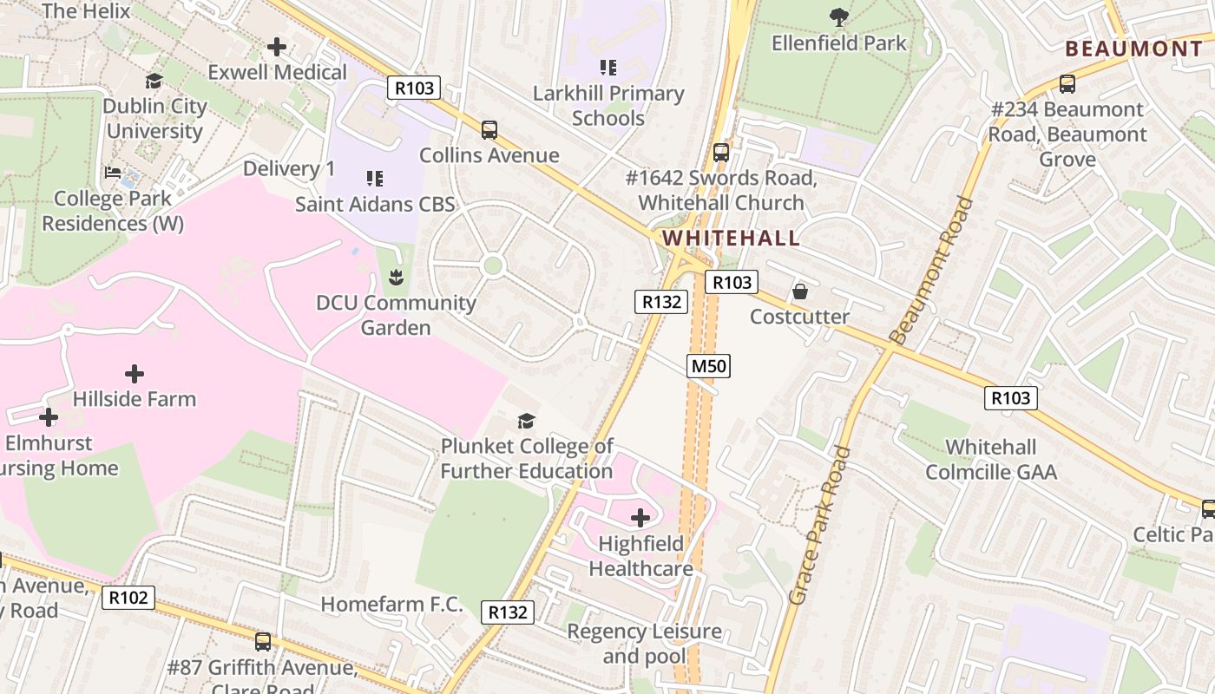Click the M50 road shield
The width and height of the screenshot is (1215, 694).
(x=708, y=366)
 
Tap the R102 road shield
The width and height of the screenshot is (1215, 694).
(x=128, y=597)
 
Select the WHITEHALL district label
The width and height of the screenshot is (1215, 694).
(x=731, y=239)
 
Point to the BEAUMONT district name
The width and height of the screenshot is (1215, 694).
(x=1133, y=49)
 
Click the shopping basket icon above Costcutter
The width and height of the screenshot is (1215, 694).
(x=799, y=291)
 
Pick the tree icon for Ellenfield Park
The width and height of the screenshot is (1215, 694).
(x=838, y=16)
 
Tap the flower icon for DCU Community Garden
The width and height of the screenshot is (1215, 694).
(x=397, y=278)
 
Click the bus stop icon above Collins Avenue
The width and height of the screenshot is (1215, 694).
(x=489, y=130)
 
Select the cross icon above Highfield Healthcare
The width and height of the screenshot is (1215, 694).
(x=640, y=518)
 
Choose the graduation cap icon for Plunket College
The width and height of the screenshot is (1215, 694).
(x=526, y=421)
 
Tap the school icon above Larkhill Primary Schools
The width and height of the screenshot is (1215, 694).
(x=608, y=67)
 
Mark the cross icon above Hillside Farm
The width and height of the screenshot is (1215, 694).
(x=135, y=374)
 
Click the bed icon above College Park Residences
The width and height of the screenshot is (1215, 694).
(x=113, y=173)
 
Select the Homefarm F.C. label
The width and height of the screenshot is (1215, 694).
(x=392, y=605)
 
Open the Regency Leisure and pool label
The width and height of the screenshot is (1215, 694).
(x=644, y=644)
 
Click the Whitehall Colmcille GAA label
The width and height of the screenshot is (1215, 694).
(x=991, y=460)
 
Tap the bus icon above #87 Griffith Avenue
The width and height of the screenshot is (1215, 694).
(x=262, y=642)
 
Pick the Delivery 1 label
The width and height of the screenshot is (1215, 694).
(x=289, y=168)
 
